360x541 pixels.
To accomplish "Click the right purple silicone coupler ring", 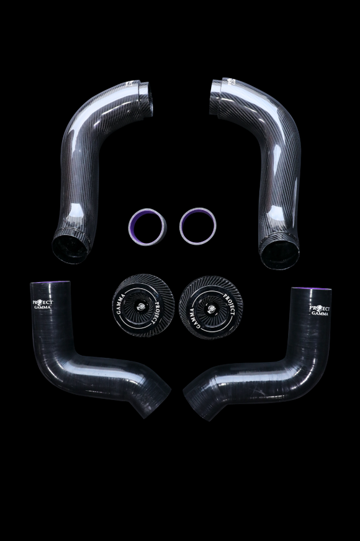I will (x=197, y=225).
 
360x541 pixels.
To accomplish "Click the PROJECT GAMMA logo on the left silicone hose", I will (x=42, y=307).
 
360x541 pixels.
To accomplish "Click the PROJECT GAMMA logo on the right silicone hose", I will (x=318, y=310).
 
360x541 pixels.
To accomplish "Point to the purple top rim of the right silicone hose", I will (x=312, y=289).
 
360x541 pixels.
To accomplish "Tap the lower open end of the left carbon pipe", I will (x=69, y=248).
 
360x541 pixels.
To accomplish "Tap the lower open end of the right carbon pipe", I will (x=279, y=253).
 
